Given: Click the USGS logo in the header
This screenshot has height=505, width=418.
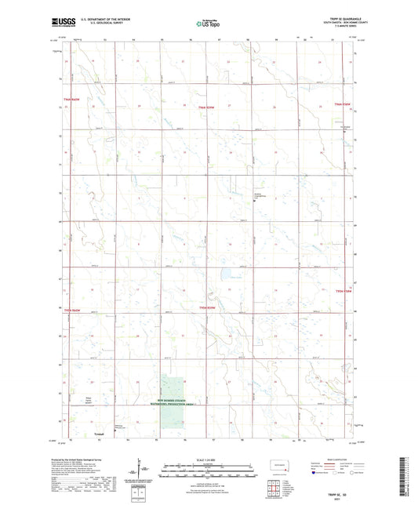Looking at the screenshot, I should pos(64,24).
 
